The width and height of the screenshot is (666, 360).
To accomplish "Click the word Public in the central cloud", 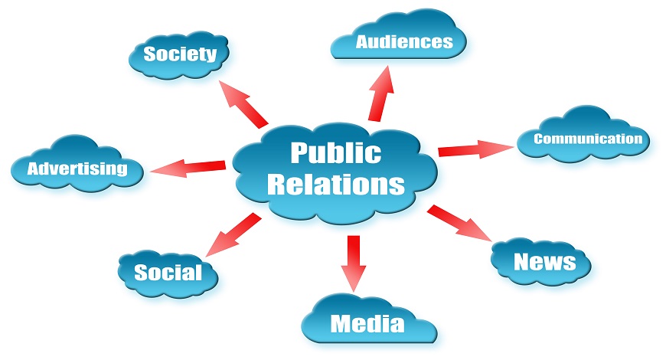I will coord(335,152).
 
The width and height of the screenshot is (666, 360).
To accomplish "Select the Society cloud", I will coord(180,54).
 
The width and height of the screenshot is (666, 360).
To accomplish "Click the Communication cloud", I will coord(587,139).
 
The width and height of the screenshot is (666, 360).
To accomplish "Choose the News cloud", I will coord(544,262).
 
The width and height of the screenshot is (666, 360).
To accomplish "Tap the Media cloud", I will coord(367,323).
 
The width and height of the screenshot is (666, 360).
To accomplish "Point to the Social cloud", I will coord(168,272).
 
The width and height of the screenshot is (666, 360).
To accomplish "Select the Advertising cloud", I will coord(77,169).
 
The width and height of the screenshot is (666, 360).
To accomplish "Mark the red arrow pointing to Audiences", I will coord(380,93).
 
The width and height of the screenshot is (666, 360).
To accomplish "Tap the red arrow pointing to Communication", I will coord(475,149).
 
